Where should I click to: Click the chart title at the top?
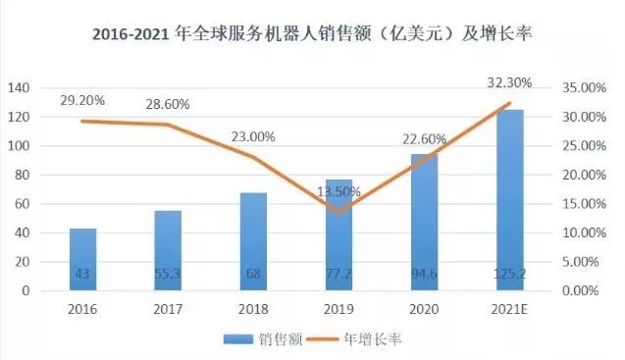pyautogui.click(x=311, y=36)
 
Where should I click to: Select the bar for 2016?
pyautogui.click(x=83, y=259)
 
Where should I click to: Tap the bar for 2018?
pyautogui.click(x=253, y=241)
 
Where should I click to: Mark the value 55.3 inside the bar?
pyautogui.click(x=168, y=276)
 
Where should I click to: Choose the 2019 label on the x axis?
pyautogui.click(x=339, y=309)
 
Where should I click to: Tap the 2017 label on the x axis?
pyautogui.click(x=168, y=309)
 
